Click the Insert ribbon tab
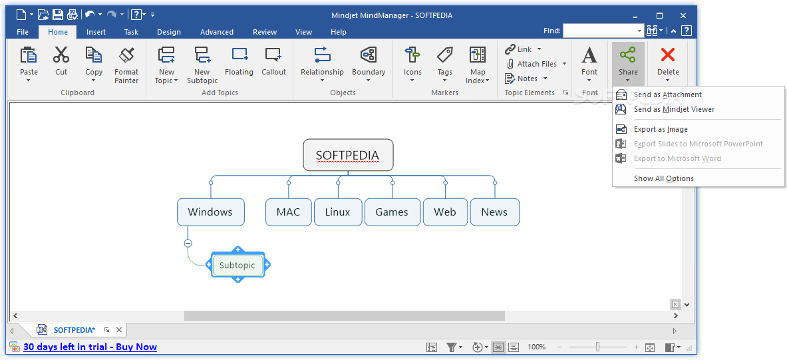96,32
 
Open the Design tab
169,32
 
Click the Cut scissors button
61,61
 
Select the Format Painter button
126,65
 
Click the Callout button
273,61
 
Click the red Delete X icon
668,54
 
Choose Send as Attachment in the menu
667,94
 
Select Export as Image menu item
661,129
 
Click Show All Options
663,178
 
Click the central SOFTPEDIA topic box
348,155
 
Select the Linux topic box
338,212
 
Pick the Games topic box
392,212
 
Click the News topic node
494,212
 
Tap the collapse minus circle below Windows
188,243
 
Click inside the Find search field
602,31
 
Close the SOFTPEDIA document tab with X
119,330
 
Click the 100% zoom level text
537,347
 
